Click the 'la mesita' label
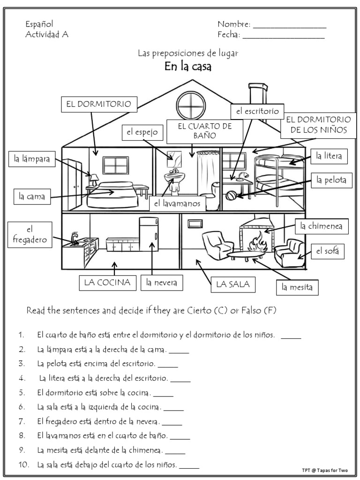[297, 286]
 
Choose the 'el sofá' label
[326, 252]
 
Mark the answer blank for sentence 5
[163, 394]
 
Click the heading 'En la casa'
[188, 67]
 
